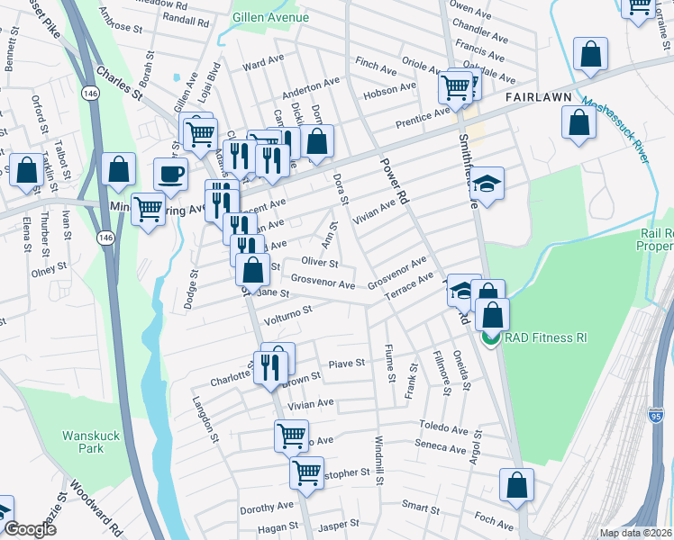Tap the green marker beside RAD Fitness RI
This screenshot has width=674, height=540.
(490, 338)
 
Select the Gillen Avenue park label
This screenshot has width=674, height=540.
(270, 17)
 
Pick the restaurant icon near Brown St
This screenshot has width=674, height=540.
(270, 367)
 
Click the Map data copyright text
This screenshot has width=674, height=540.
(636, 533)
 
